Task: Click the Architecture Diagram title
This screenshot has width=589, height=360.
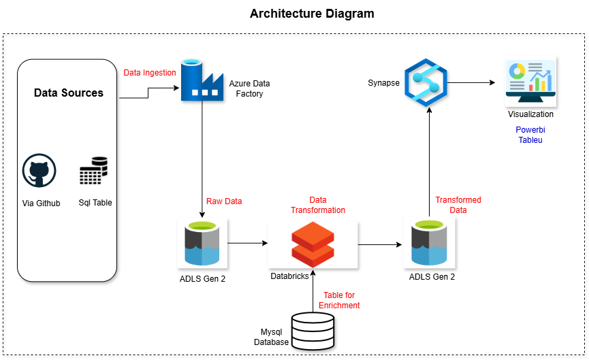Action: [312, 14]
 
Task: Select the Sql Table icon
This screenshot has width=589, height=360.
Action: [93, 171]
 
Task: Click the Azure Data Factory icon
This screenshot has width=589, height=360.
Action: [202, 82]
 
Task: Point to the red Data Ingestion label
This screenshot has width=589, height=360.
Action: [150, 72]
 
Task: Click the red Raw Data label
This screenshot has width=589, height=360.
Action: [224, 201]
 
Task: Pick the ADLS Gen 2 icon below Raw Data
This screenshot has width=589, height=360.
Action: [202, 244]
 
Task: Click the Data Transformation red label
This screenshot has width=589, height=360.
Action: [317, 206]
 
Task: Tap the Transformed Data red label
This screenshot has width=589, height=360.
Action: [458, 205]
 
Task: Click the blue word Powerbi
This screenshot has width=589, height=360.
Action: [530, 129]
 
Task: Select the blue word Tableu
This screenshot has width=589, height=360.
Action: [530, 140]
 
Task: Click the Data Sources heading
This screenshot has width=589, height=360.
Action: [69, 93]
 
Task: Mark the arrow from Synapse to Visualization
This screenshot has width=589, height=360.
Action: [471, 83]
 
